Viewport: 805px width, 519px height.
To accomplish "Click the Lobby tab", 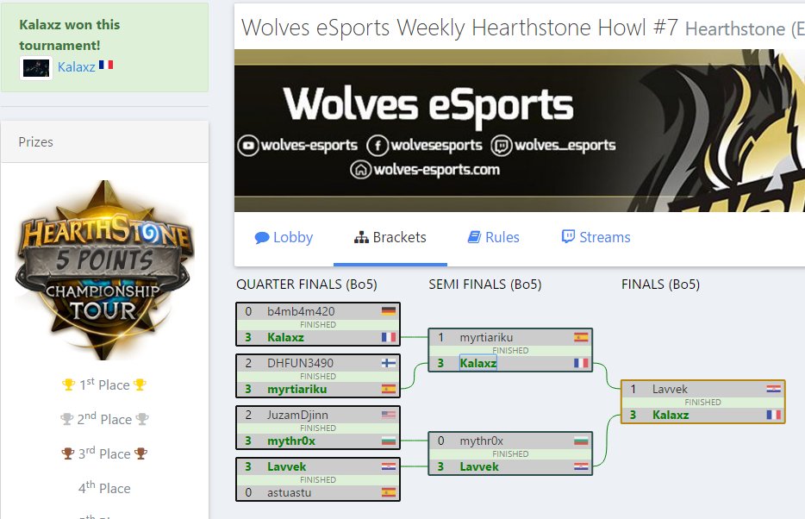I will point(284,238).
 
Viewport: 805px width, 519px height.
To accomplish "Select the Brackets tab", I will point(390,238).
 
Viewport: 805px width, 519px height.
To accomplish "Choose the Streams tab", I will point(596,238).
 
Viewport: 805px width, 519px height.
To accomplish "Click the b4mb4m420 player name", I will point(301,312).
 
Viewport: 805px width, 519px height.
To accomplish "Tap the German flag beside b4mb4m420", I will point(388,312).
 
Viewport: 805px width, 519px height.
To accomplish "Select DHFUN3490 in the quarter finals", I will point(300,364).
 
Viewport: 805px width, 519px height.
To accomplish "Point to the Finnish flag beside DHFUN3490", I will point(388,364).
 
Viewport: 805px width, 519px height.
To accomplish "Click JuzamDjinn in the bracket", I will point(297,416).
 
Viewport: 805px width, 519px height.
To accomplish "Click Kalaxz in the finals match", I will point(671,416).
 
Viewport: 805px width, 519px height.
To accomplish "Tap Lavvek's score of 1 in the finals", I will point(633,390).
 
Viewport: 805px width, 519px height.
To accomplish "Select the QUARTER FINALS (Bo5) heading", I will point(306,285).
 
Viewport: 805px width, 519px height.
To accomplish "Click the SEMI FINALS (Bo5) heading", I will point(484,285).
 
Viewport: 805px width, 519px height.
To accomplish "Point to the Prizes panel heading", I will point(35,142).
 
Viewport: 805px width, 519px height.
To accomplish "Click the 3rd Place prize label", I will point(103,454).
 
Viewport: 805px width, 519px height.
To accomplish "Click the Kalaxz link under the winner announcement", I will point(76,66).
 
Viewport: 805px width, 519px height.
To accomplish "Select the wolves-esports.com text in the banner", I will point(436,170).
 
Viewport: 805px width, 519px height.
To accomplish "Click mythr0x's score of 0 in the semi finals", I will point(441,441).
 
